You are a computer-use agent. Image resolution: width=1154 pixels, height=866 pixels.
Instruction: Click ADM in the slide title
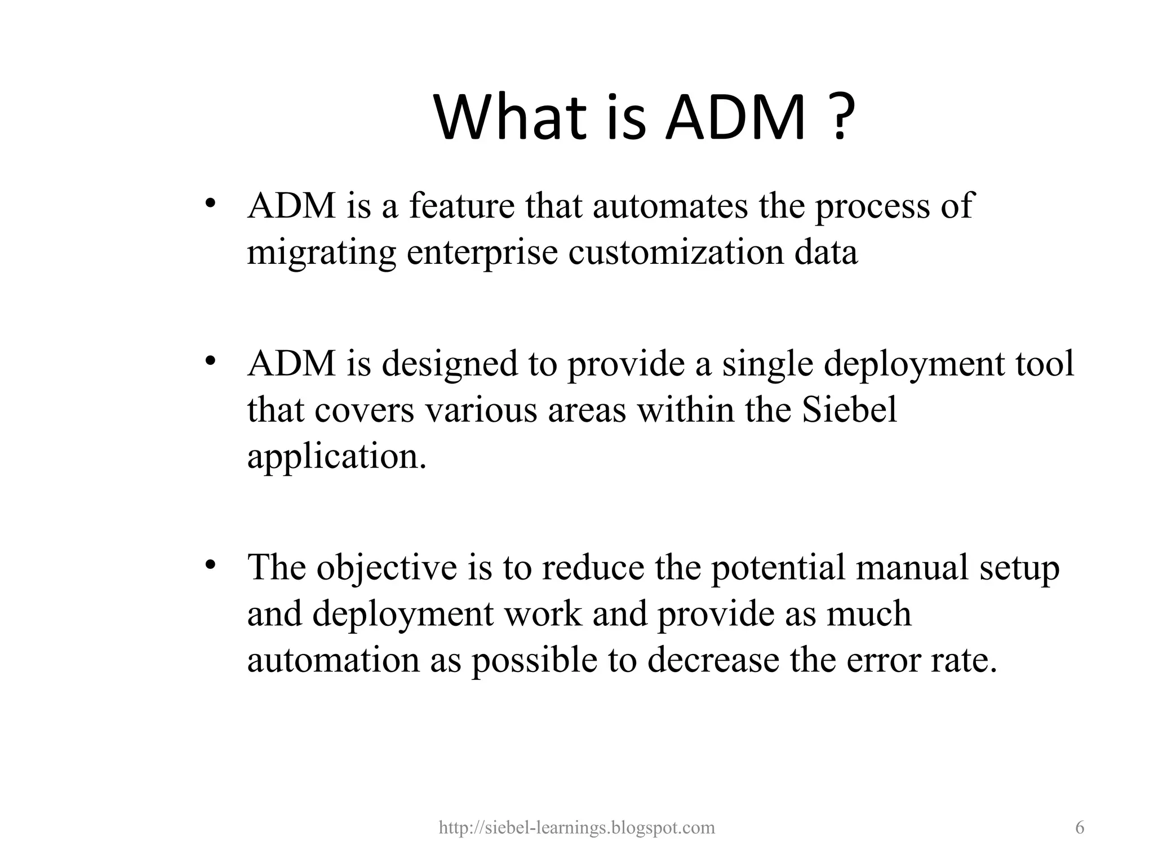pos(735,118)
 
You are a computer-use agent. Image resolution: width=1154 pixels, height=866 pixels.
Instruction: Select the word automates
pos(670,206)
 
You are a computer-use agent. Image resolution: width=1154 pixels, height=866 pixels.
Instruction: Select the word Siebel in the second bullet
pos(849,410)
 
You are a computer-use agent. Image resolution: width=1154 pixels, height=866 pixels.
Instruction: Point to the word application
pos(336,457)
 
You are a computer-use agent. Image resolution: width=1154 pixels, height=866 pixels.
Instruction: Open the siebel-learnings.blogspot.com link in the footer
pos(576,828)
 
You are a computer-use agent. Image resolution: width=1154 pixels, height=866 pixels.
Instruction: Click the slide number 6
pos(1080,828)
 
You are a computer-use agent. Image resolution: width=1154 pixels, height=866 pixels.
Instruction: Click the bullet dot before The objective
pos(211,565)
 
